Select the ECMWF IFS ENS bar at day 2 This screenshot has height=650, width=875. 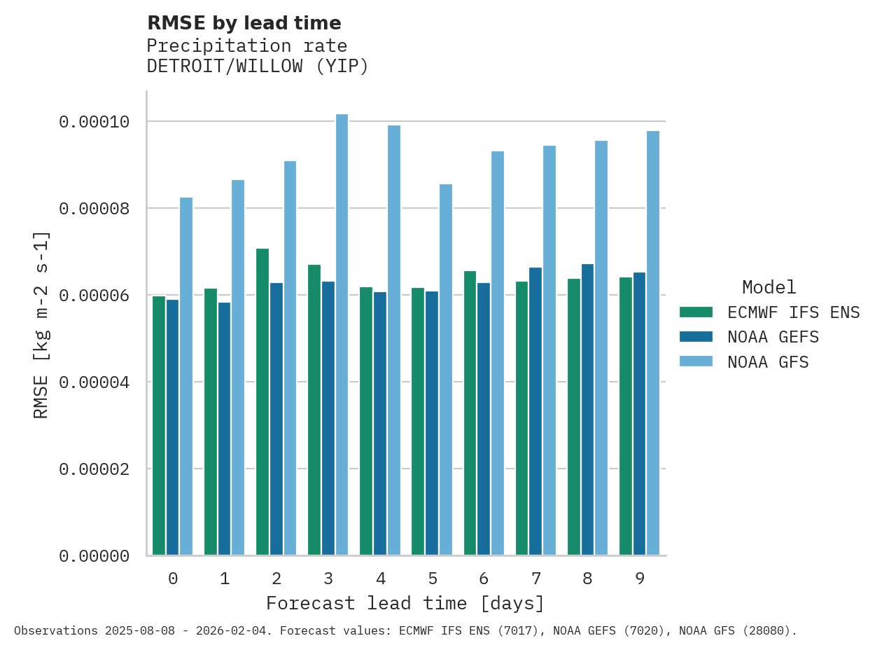coord(262,402)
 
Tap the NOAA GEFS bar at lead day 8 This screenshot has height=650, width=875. coord(587,410)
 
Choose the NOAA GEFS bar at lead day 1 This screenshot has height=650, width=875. coord(224,429)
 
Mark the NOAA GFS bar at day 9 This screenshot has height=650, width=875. coord(653,343)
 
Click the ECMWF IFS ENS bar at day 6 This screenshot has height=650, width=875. coord(470,413)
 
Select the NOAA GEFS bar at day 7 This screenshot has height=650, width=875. coord(535,411)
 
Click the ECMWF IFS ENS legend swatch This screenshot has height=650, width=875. coord(696,312)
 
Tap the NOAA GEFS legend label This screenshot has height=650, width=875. coord(773,337)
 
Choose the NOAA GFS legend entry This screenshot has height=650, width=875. coord(768,362)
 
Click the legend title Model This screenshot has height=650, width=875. coord(769,287)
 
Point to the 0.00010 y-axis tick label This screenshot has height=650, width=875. coord(94,122)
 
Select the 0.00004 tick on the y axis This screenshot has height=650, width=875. coord(94,382)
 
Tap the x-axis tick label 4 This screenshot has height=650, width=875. coord(380,579)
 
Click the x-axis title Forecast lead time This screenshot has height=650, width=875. coord(405,603)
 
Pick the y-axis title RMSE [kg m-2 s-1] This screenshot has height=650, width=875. coord(41,324)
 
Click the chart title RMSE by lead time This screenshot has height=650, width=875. coord(244,23)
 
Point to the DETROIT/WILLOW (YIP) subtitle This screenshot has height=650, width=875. coord(258,67)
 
